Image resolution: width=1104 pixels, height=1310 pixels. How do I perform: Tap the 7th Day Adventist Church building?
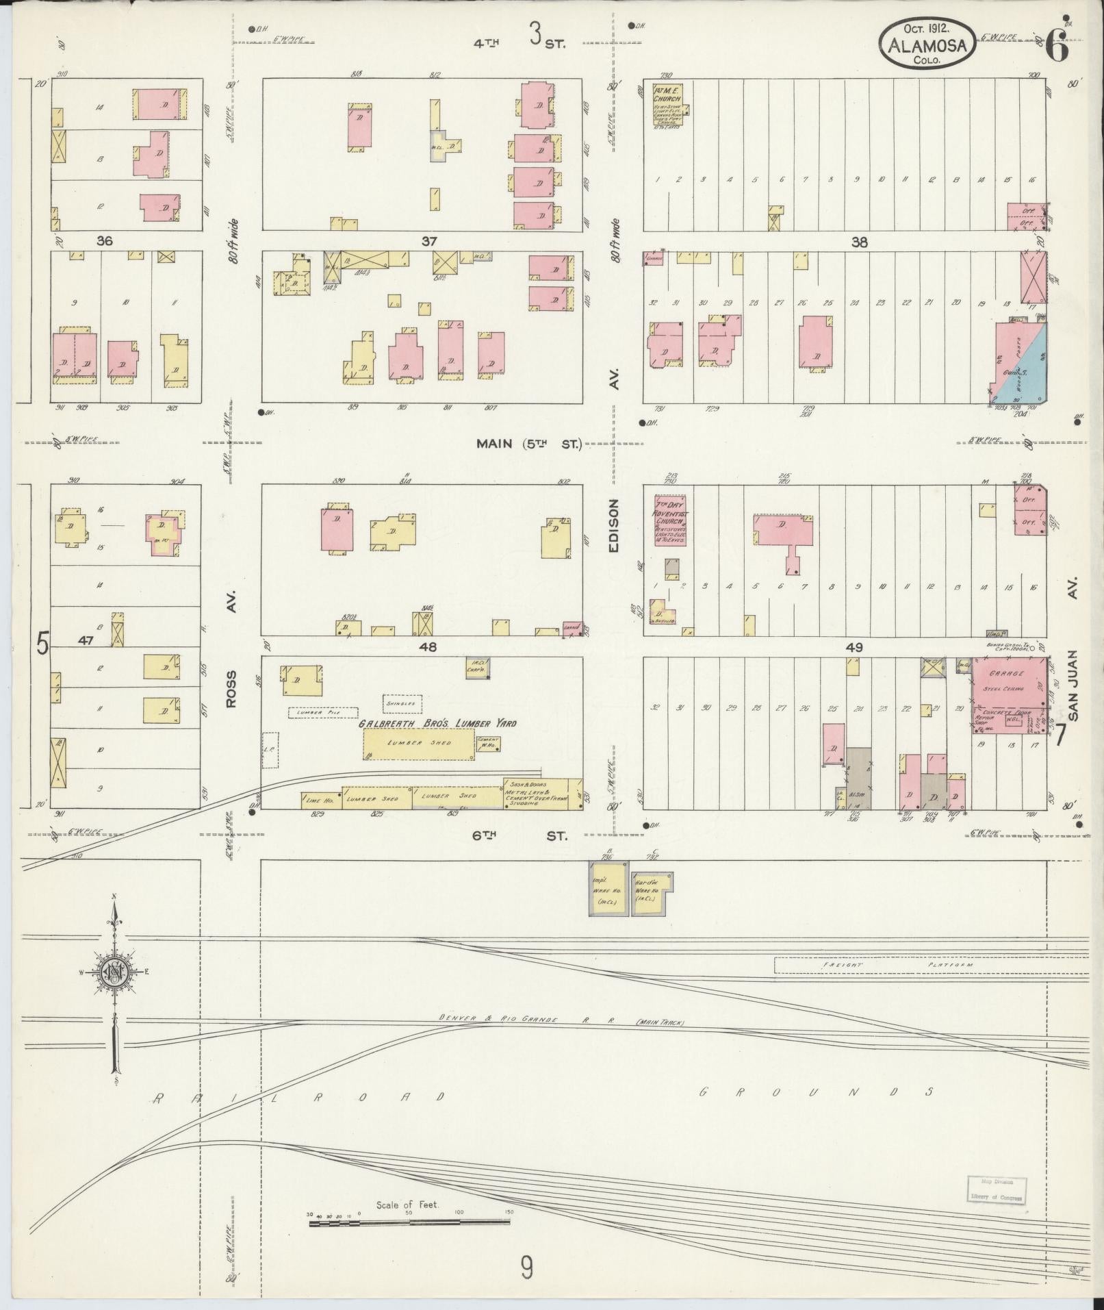[x=670, y=520]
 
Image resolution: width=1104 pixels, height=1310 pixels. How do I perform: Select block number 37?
[x=429, y=241]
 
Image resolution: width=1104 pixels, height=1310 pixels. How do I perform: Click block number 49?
[x=853, y=647]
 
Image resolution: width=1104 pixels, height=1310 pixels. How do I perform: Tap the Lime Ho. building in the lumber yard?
[x=320, y=799]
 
